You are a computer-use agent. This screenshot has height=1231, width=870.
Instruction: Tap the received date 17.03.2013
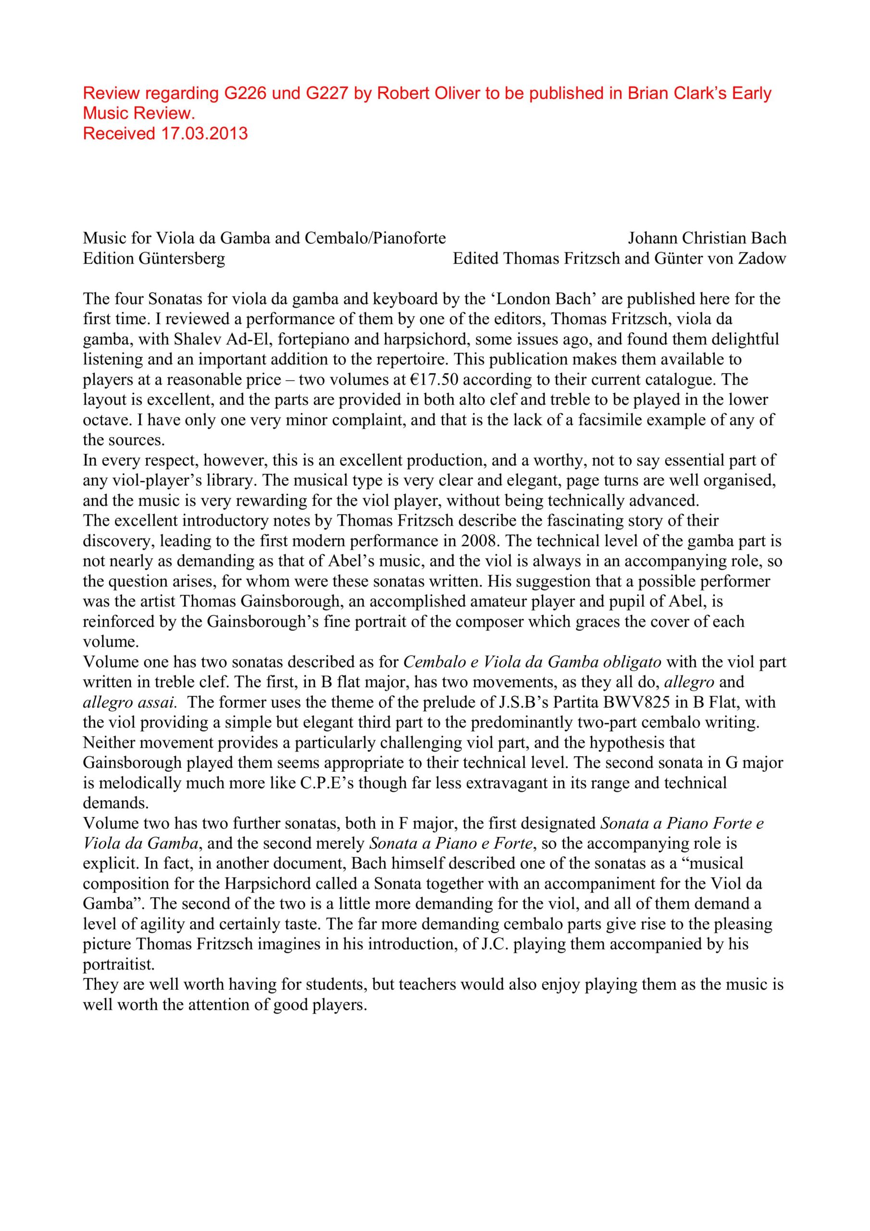[x=205, y=133]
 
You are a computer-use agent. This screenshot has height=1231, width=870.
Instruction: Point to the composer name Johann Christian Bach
[x=707, y=238]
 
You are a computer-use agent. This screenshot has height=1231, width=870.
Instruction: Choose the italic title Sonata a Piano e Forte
[x=451, y=843]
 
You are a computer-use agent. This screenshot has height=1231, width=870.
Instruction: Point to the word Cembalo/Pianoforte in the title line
[x=375, y=238]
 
